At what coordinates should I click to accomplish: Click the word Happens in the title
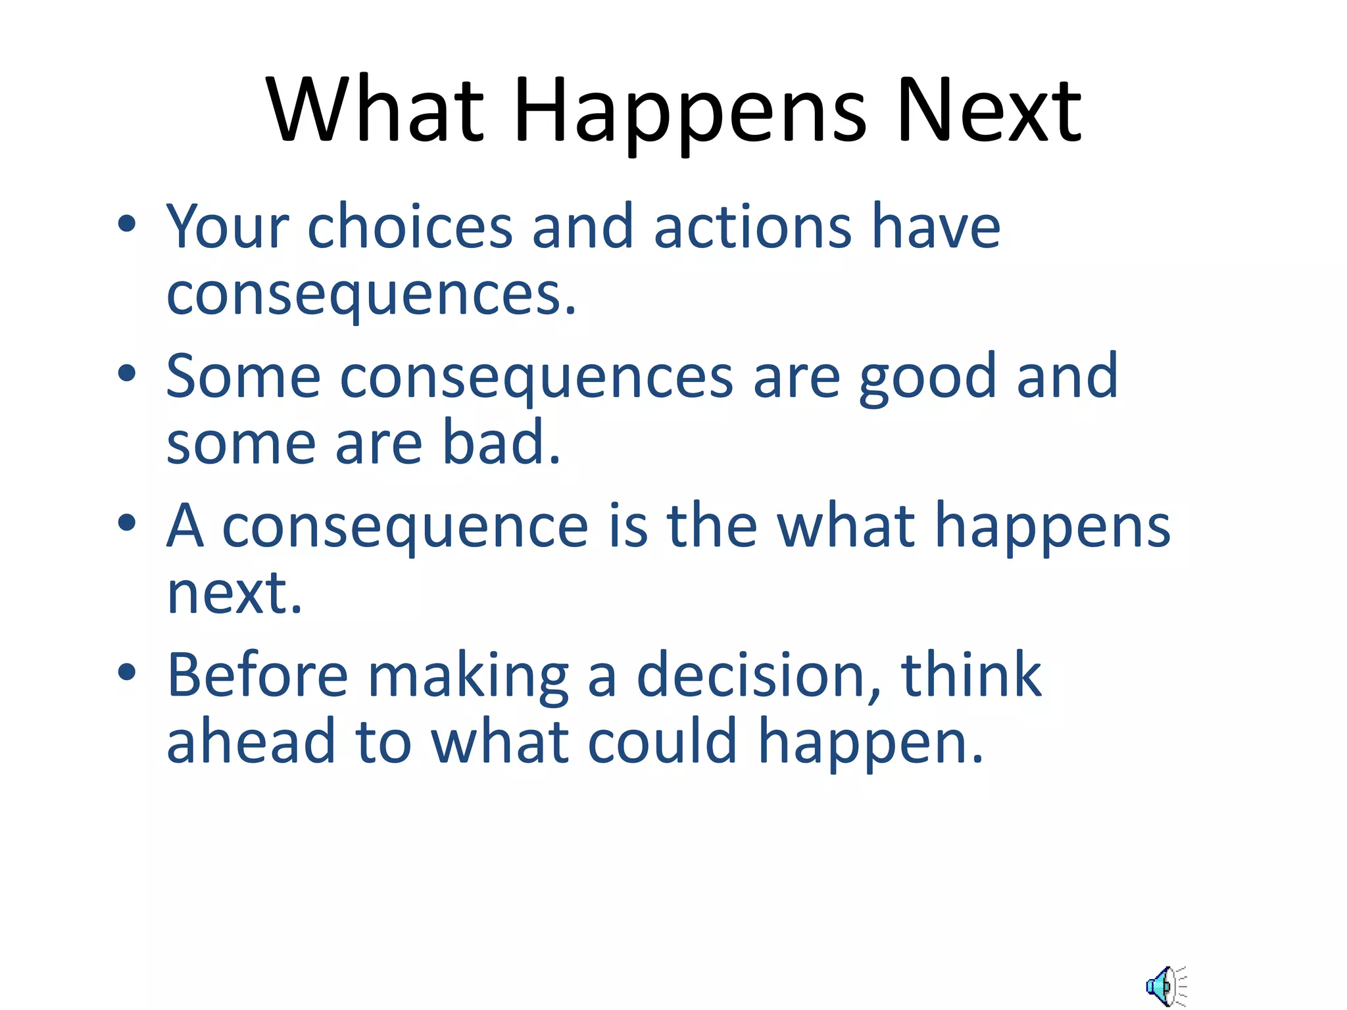690,112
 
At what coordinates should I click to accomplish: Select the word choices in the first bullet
410,227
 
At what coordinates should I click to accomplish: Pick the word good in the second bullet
927,377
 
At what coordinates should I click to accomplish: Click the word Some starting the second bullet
243,377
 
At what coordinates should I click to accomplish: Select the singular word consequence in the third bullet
404,527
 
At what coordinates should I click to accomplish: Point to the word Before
257,676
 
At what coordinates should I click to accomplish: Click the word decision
752,676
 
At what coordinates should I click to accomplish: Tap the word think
971,676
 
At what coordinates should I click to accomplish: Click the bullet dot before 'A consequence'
127,523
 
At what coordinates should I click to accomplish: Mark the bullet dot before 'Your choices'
127,224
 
